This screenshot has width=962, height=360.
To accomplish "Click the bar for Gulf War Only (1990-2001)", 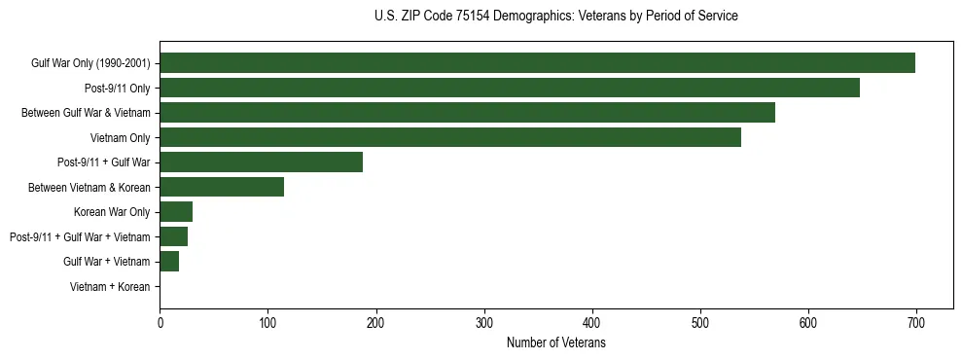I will click(537, 63).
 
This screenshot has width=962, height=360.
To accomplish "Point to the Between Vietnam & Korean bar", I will click(222, 187).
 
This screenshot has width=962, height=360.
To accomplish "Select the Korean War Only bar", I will click(176, 212).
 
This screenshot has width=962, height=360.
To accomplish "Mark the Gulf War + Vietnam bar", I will click(169, 261).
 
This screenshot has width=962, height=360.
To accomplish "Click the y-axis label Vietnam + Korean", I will click(110, 287).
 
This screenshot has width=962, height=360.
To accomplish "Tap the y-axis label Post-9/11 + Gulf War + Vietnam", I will click(80, 237).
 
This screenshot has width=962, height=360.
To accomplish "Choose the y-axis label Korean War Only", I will click(112, 212).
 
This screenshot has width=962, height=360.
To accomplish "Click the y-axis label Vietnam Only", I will click(120, 138).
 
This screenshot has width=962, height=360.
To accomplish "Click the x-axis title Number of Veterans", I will click(555, 343).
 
